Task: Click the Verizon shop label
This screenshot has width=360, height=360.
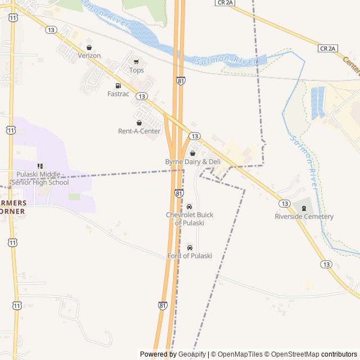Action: click(x=89, y=56)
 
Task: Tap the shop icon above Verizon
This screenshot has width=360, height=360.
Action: click(x=89, y=48)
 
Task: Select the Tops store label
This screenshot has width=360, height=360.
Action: click(x=137, y=70)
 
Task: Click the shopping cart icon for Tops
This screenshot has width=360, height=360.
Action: click(x=136, y=62)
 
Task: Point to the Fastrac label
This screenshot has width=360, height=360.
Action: click(x=118, y=94)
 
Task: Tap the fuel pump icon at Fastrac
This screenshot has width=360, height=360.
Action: click(x=118, y=85)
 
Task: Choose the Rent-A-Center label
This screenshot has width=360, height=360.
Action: click(x=139, y=131)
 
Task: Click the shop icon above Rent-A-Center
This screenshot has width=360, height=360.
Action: click(x=139, y=123)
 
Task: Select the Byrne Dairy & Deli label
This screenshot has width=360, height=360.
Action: click(x=192, y=161)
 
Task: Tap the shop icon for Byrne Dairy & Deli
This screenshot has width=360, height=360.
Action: click(x=192, y=153)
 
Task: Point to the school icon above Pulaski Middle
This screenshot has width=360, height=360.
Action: click(x=40, y=166)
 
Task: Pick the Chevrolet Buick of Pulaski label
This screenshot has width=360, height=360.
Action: click(x=190, y=219)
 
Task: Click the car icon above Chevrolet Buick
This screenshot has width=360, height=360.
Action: click(x=189, y=206)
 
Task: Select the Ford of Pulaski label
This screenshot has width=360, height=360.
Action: click(x=190, y=256)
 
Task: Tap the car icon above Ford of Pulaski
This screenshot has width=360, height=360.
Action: click(x=190, y=247)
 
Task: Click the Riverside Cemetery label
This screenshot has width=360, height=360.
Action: click(x=304, y=217)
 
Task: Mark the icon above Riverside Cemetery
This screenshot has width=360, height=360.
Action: click(x=304, y=209)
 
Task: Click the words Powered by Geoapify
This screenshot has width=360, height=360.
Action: click(x=173, y=354)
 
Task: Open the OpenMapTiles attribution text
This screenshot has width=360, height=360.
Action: click(x=238, y=354)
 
